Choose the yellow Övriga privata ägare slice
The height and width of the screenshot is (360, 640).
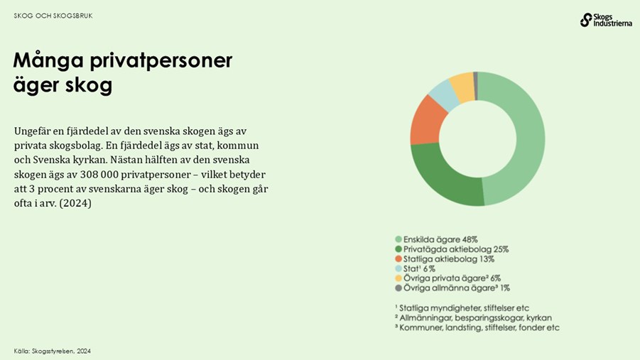462,84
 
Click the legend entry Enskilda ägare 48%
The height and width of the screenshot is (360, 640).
440,239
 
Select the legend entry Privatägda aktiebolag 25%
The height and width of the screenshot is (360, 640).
455,249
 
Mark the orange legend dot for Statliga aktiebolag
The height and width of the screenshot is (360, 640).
398,259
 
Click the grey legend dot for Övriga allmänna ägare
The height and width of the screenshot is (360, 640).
398,288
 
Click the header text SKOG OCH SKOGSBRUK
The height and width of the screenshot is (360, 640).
53,16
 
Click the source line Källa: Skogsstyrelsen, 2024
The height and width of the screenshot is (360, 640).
52,351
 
